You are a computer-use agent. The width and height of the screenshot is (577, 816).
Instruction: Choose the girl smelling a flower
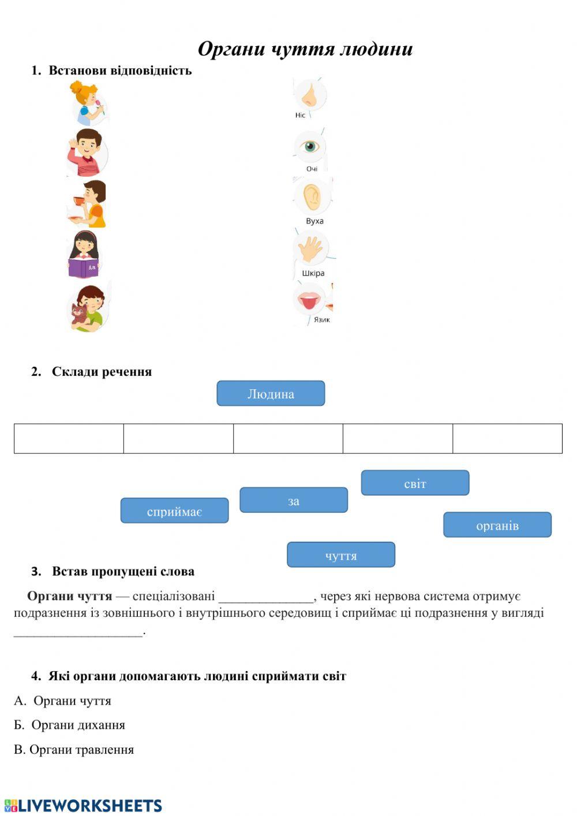(88, 103)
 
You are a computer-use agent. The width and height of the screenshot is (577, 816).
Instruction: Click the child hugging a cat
(88, 308)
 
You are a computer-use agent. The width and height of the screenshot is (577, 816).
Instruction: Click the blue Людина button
(271, 394)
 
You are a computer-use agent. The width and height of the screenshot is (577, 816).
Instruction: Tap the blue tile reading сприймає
(174, 511)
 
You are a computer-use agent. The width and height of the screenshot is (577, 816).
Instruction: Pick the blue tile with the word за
(294, 501)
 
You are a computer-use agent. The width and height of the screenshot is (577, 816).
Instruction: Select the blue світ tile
(415, 483)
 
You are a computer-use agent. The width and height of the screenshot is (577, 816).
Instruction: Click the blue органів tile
(497, 525)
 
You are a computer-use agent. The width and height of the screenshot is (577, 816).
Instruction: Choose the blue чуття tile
(341, 555)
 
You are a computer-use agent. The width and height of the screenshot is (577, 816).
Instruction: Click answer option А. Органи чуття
(63, 701)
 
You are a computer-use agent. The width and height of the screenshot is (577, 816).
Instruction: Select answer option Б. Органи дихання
(70, 725)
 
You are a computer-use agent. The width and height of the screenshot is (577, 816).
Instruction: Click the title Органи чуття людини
(305, 49)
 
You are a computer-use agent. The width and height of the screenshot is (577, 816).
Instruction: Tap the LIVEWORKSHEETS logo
(83, 806)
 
